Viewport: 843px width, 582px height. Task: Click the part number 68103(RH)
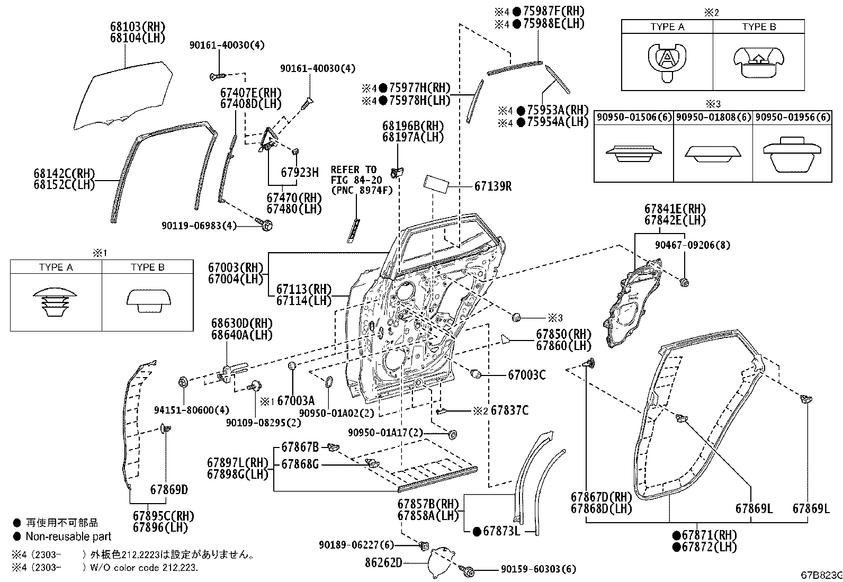137,26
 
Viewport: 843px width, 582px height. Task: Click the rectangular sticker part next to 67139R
436,185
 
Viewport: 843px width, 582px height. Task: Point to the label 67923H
300,172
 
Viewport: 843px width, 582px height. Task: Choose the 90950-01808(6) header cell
712,117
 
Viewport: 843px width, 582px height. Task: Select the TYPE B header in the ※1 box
147,267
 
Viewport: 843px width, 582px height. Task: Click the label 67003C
526,375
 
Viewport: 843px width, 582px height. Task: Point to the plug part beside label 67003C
476,374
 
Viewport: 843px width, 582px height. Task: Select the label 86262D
383,562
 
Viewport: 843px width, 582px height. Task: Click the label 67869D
168,489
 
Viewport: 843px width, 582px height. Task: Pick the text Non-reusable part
68,537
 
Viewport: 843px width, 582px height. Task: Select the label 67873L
501,531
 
